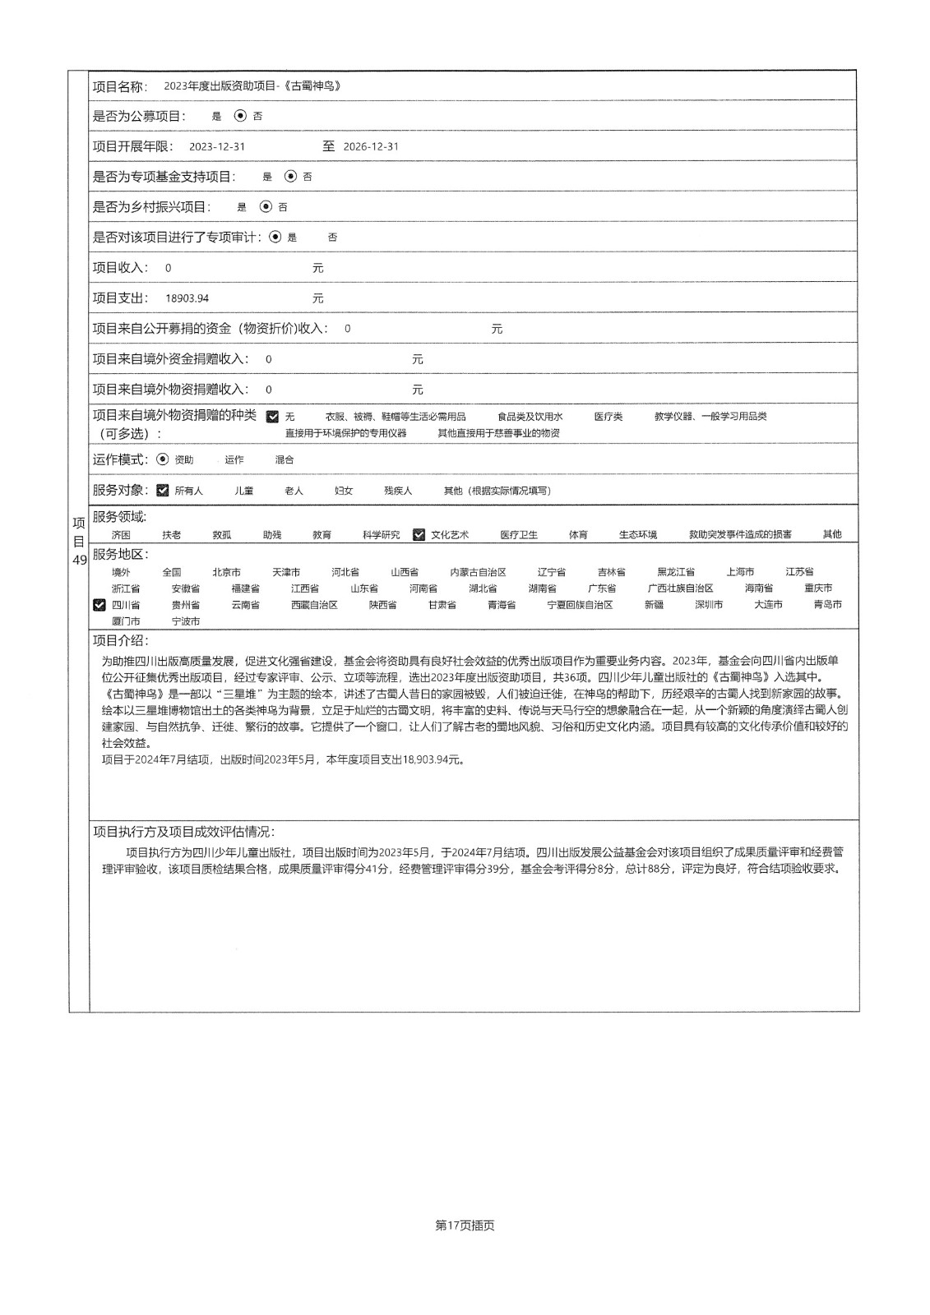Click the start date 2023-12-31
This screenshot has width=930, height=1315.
(x=217, y=147)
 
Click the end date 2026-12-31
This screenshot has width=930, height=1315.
(x=371, y=147)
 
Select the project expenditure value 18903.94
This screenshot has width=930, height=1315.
(x=187, y=298)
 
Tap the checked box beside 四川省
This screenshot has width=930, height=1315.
(x=99, y=605)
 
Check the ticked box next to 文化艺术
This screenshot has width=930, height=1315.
(x=419, y=534)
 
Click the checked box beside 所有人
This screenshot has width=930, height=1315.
(x=163, y=491)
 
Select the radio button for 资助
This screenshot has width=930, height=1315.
(x=163, y=459)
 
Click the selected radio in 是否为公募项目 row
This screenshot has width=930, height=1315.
(x=240, y=116)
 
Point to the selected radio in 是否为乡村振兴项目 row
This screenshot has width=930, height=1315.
(x=266, y=207)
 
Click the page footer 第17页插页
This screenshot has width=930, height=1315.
(x=465, y=1225)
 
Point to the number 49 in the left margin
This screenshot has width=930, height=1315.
(x=80, y=560)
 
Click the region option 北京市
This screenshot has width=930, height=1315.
(x=226, y=572)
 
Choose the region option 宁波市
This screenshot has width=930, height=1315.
(x=186, y=621)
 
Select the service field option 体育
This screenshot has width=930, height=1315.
(x=578, y=535)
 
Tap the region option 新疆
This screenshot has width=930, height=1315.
(x=654, y=605)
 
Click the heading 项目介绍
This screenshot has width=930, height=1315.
(x=121, y=641)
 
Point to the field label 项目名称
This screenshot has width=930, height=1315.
(x=120, y=86)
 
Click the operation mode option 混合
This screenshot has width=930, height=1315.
(x=285, y=460)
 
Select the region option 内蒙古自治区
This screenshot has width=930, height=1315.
(x=478, y=572)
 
